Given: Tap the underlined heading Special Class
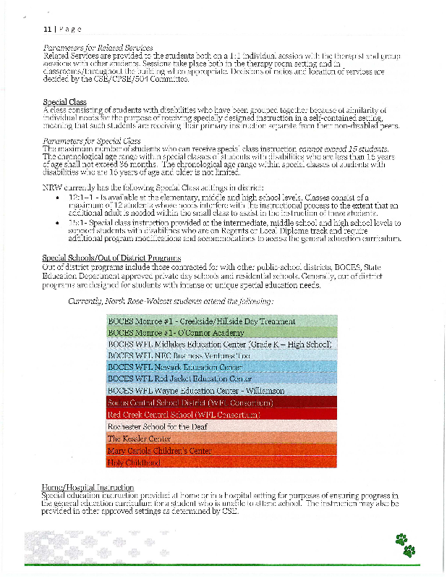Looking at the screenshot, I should click(62, 102).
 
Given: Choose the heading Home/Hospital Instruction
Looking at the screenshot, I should click(89, 487).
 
